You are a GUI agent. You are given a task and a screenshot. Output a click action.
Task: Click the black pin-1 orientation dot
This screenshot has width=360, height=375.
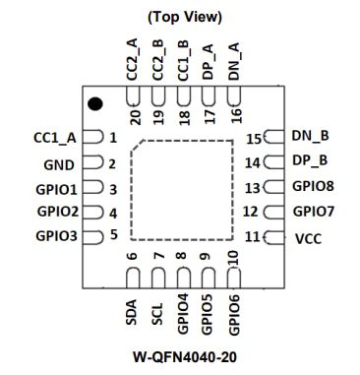pos(95,103)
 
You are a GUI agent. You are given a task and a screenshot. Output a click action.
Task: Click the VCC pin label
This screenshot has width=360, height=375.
pos(308,238)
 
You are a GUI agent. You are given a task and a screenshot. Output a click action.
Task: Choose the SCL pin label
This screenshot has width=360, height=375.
pos(157,313)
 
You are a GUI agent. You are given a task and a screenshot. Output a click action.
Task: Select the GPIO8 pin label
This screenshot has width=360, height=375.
pos(314,186)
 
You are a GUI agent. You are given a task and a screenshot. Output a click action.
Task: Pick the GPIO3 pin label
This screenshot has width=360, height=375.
pos(55,236)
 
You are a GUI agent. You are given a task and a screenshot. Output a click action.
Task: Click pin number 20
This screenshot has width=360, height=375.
pos(133,112)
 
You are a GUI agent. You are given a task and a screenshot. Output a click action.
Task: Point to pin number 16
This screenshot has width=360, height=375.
pos(235,113)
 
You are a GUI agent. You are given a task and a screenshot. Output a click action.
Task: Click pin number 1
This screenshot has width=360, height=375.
pos(113,139)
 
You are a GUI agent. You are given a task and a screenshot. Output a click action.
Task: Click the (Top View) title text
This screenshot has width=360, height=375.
pos(183,17)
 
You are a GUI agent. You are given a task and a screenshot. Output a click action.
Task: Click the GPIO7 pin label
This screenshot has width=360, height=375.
pos(314,211)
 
